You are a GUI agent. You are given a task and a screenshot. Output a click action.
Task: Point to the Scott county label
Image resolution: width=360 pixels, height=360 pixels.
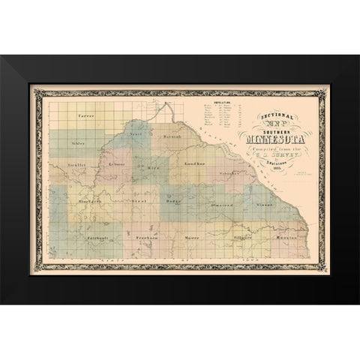point(136,133)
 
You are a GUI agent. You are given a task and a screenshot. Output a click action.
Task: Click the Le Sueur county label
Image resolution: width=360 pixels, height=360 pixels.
point(117,164)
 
